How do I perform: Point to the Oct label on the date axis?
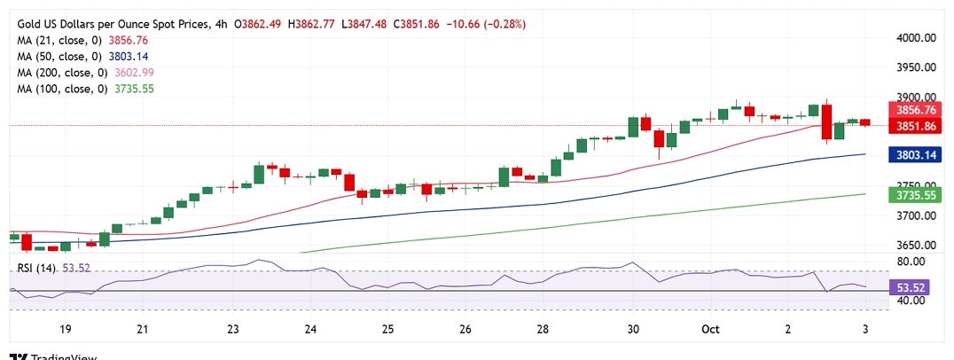(709, 329)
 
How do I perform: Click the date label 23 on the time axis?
(232, 329)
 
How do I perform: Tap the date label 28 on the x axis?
(543, 329)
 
